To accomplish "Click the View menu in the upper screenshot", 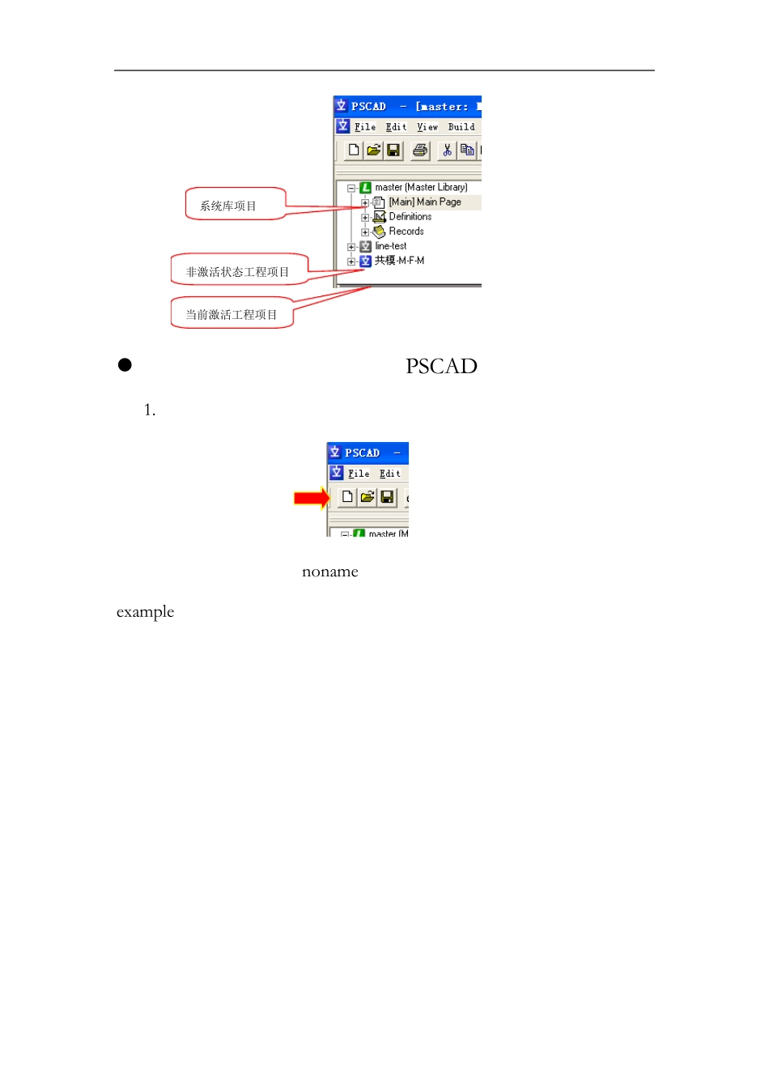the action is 427,127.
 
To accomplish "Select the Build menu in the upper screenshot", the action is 461,127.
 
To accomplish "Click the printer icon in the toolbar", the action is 420,150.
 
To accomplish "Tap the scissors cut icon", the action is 447,150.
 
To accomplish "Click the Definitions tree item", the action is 410,217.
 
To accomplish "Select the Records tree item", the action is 406,232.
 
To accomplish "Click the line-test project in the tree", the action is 390,246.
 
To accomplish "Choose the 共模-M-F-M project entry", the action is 399,261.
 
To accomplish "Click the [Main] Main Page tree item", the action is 424,202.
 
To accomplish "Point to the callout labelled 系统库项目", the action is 234,205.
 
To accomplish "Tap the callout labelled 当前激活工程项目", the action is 232,314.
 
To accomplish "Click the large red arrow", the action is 311,498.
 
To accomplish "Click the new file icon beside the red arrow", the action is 347,496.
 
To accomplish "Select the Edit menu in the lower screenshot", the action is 389,474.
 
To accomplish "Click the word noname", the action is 329,572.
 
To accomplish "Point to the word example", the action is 145,612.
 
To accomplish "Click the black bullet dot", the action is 125,365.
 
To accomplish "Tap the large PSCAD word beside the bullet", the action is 441,366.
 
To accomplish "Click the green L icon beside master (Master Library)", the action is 365,188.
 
